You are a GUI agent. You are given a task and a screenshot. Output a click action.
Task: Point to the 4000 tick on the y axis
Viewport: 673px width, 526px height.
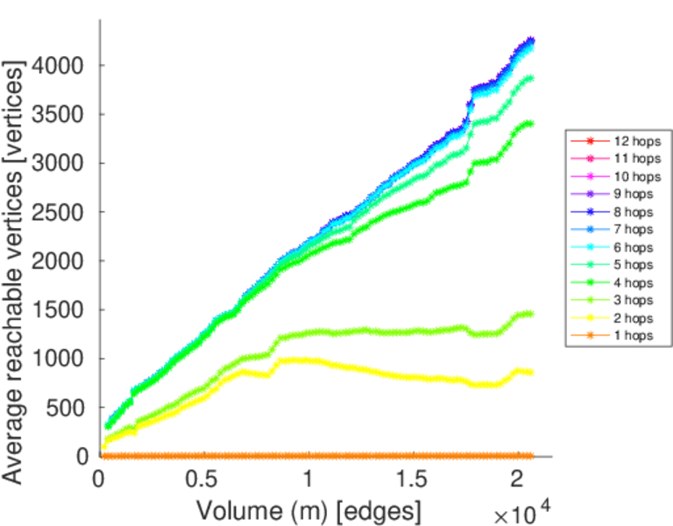60,66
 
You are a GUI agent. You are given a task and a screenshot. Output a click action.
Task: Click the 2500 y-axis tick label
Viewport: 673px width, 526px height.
60,212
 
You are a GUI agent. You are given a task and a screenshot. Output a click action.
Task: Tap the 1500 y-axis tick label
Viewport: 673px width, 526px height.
60,309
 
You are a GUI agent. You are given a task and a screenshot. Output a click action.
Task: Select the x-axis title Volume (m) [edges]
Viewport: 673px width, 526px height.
308,509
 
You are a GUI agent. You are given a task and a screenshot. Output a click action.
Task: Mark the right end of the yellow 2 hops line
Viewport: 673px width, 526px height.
531,373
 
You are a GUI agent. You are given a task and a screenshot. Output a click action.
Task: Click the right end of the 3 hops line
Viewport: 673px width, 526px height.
531,314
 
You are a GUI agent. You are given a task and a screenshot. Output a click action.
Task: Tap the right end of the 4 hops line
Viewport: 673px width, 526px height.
531,124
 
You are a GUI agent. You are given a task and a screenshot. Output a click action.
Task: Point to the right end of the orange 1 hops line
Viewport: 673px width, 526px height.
531,456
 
